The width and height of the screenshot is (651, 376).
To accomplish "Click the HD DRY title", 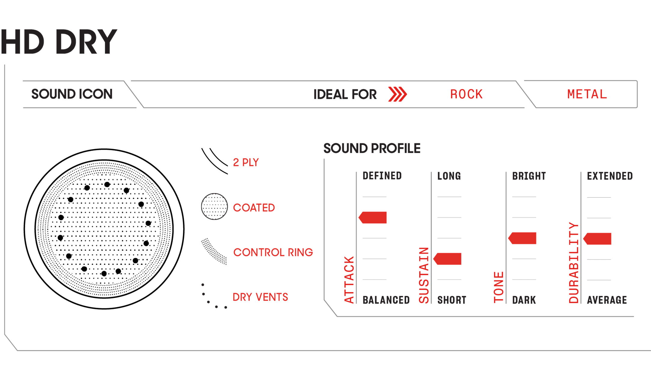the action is pos(59,42).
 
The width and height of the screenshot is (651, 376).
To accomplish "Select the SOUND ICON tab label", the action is pos(72,94).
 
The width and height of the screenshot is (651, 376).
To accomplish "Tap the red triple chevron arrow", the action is pos(397,94).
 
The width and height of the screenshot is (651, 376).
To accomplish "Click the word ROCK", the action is pos(466,94).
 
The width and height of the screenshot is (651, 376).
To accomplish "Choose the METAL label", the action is pos(587,94).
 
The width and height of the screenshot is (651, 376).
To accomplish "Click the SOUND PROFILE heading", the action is pos(372,148).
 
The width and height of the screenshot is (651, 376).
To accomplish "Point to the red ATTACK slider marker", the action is pos(373,218).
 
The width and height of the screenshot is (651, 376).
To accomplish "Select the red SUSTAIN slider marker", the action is pos(447,259).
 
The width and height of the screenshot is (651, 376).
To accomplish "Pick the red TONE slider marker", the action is pos(522,238).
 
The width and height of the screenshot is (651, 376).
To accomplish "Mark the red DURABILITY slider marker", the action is pos(597,239).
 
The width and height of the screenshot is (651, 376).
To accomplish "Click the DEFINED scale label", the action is pos(382,176).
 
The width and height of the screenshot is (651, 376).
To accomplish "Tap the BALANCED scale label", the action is pos(386,300).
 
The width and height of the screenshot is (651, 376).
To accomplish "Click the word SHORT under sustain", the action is pos(452,300).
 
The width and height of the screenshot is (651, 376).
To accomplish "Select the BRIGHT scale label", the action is pos(529,176).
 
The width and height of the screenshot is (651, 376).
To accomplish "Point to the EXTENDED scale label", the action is pos(610,176).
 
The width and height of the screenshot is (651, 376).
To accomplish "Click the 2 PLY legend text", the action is pos(246,163).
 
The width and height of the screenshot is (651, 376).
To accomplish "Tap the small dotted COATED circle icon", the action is pos(214,206).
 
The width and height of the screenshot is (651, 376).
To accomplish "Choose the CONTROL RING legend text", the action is pos(273,252).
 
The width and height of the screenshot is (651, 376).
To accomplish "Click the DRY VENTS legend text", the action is pos(260,297).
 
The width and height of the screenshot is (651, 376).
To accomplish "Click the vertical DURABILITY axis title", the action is pos(574,263).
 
